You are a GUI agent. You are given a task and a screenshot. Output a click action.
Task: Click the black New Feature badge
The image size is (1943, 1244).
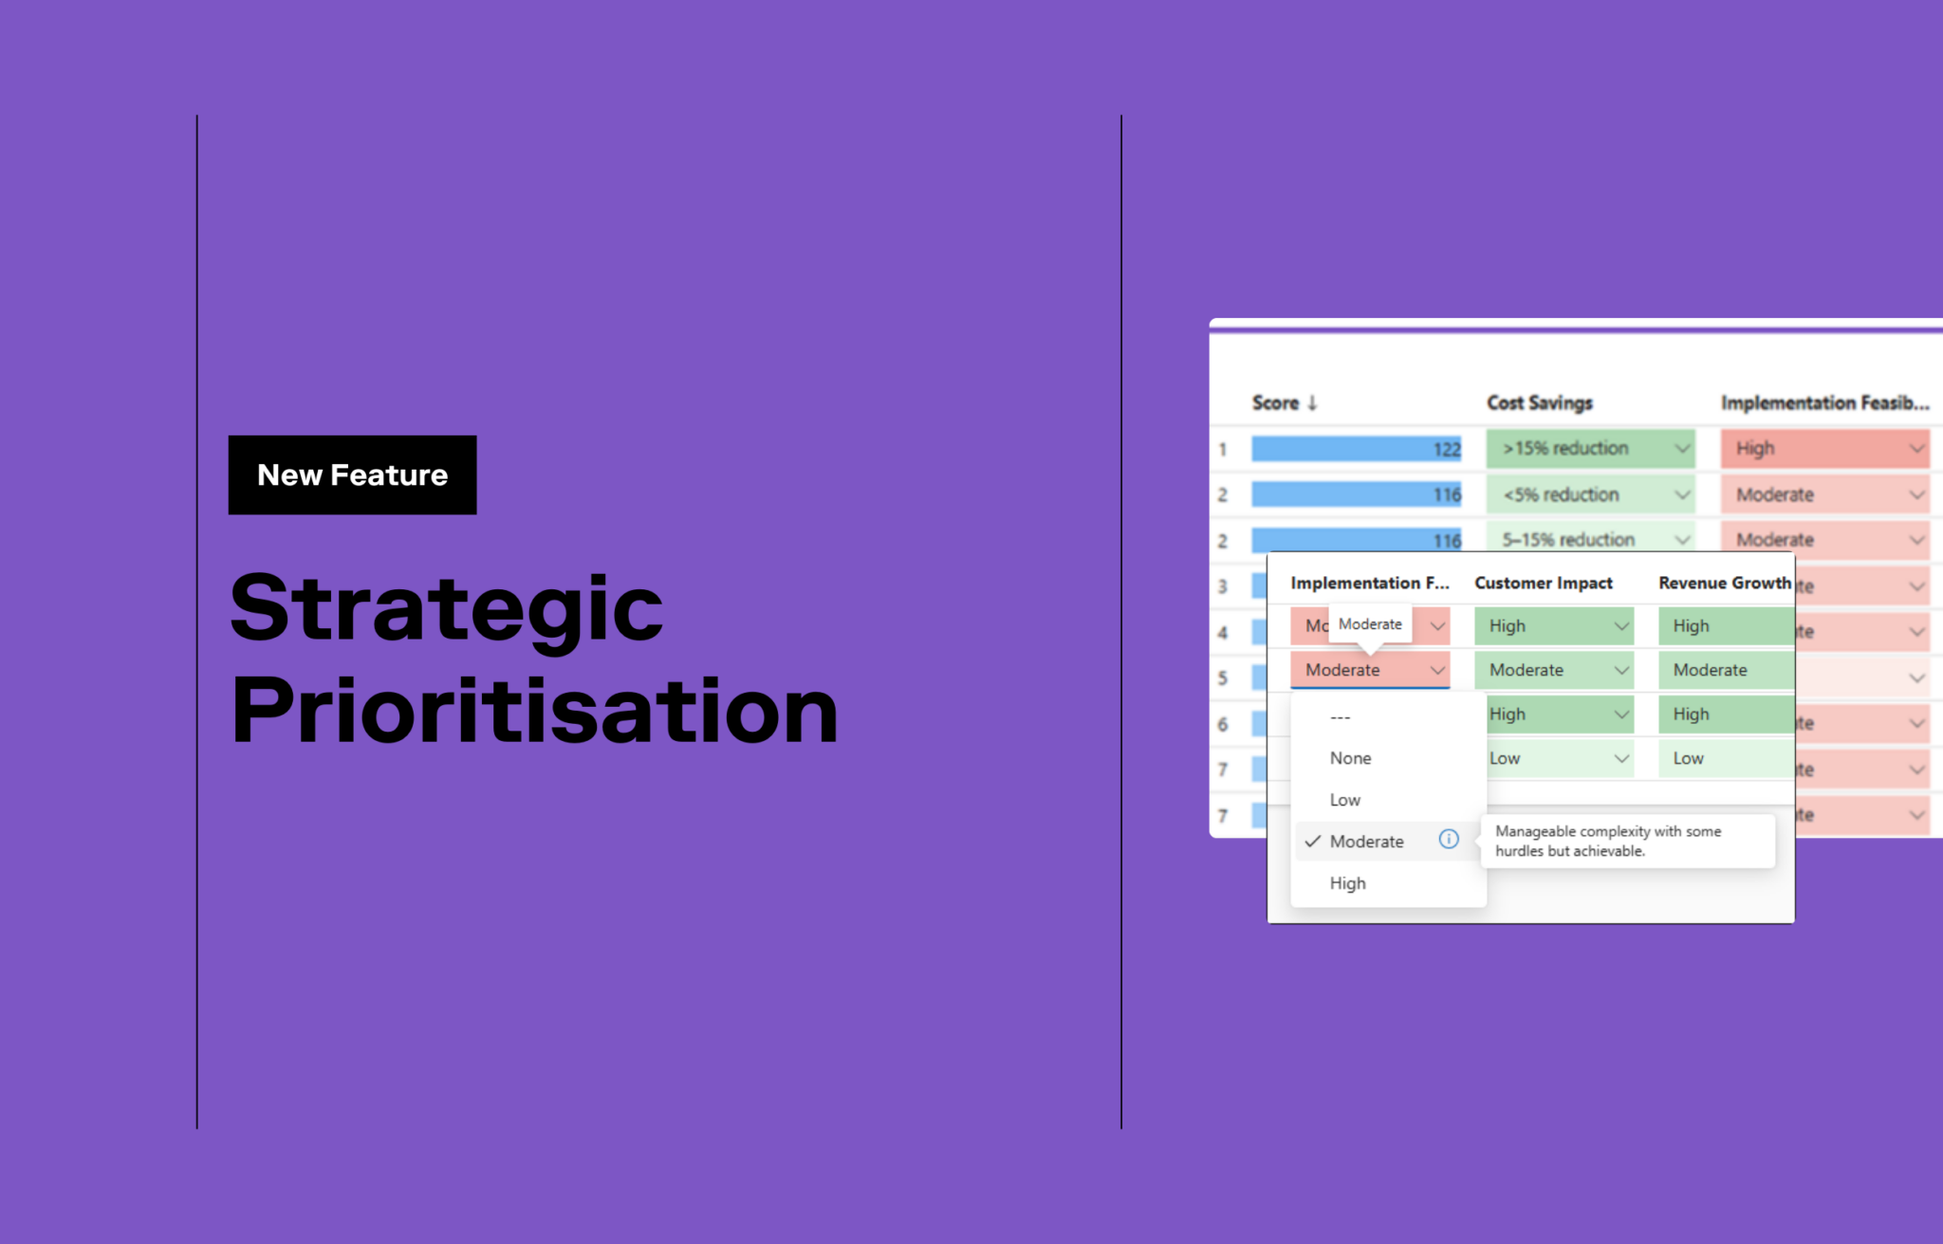(352, 474)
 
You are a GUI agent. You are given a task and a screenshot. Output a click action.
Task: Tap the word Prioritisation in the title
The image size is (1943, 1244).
(534, 712)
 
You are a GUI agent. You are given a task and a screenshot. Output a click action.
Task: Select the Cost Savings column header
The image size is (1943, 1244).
(1539, 402)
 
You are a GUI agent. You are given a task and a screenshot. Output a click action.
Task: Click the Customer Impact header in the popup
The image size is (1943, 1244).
(1543, 583)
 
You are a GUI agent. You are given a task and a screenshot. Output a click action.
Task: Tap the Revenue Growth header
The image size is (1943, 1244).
(1724, 583)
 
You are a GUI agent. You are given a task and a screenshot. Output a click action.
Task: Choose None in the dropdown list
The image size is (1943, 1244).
(1350, 758)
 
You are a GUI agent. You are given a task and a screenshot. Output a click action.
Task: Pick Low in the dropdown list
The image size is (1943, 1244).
(1344, 800)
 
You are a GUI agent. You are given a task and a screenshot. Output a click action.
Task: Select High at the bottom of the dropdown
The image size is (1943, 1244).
(1347, 883)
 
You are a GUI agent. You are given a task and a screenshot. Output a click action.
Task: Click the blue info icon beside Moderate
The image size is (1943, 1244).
(1448, 839)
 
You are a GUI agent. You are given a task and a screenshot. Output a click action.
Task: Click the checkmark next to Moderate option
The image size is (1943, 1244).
(1312, 842)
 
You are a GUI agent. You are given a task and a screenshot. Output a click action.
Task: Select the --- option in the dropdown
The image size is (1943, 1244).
(1340, 717)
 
